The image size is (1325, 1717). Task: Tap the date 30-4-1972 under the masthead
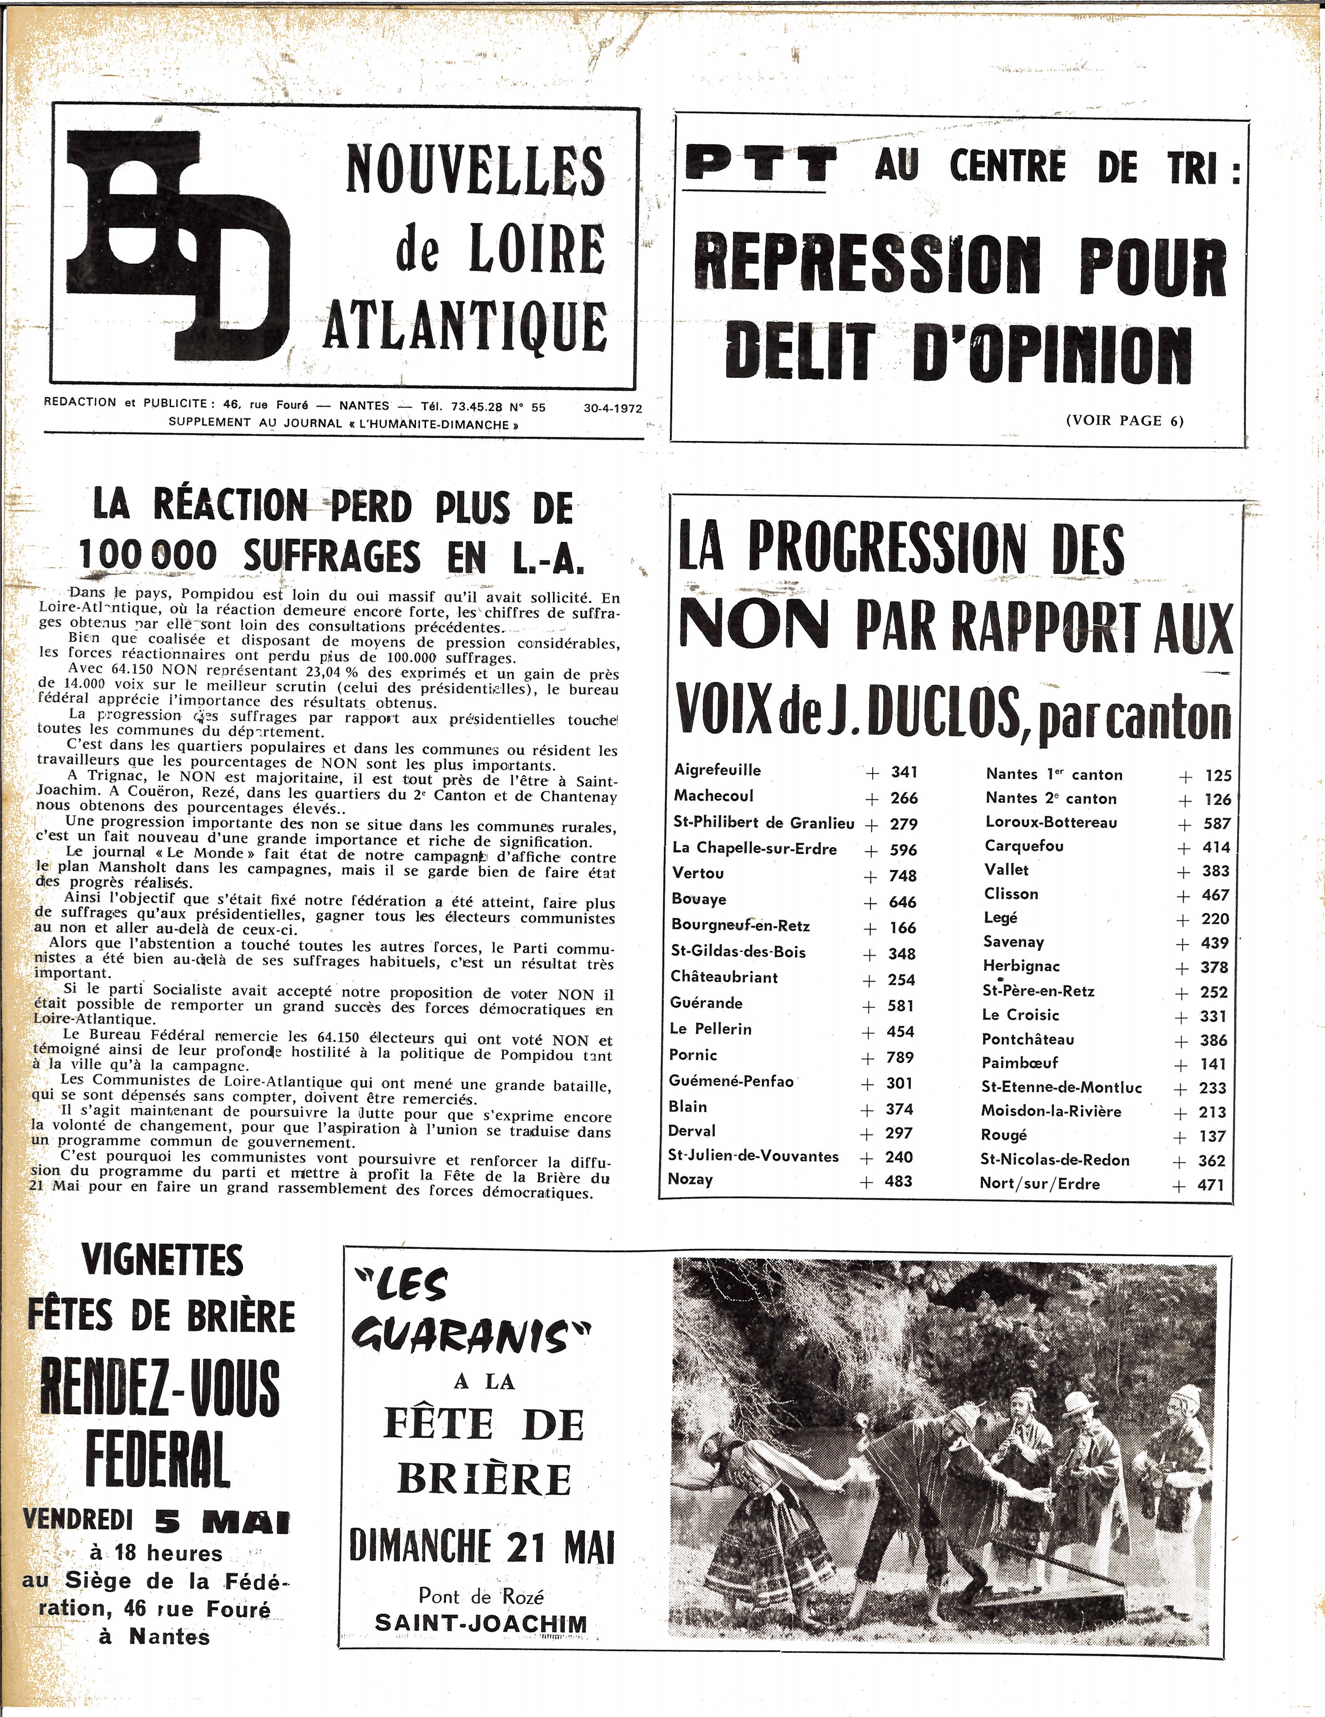click(x=613, y=408)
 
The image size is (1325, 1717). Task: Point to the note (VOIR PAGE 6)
click(x=1125, y=420)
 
